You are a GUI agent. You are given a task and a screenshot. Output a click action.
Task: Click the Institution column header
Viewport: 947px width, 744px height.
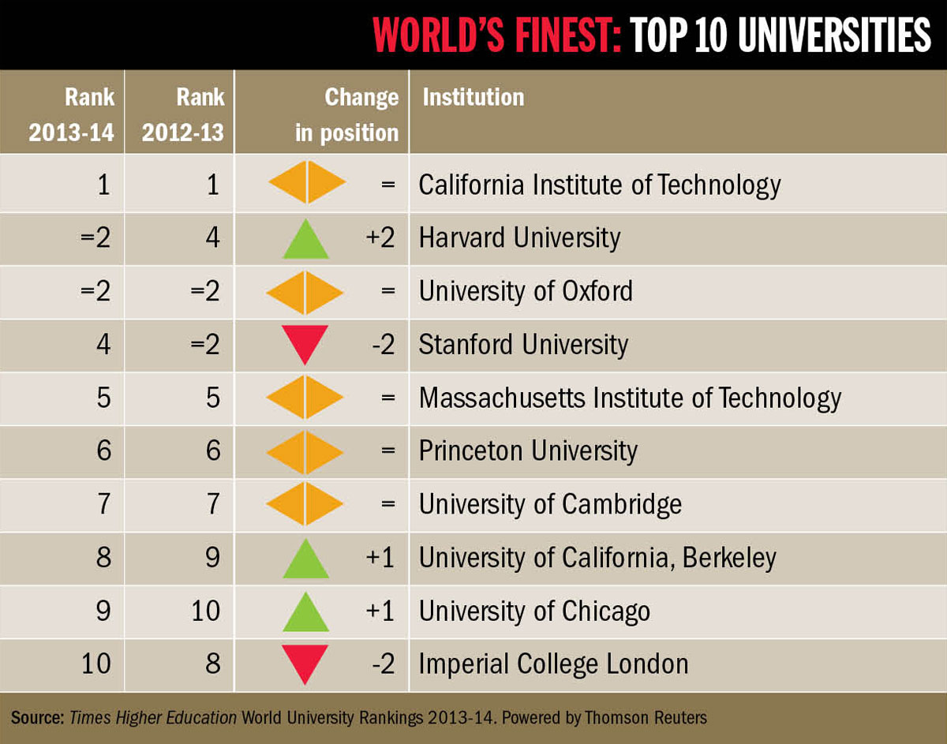pos(473,98)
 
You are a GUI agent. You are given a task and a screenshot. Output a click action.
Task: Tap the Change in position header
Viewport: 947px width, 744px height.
pos(346,114)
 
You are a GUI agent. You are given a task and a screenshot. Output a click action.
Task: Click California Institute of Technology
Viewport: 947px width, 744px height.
pos(599,185)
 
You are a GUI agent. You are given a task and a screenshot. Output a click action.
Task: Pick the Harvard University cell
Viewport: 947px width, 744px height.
pos(519,238)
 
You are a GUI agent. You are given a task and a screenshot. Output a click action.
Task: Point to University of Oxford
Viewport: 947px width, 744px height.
pos(526,291)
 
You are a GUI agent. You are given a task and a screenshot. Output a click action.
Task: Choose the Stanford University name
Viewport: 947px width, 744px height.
pos(523,345)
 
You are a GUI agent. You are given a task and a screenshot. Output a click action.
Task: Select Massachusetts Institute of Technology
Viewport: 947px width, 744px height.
pos(629,398)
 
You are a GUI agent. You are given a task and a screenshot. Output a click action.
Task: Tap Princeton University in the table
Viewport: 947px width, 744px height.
pos(527,451)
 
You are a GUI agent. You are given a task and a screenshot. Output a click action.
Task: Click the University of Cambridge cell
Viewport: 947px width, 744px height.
pos(549,503)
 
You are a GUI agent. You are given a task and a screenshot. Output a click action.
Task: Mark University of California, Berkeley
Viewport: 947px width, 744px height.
pos(597,557)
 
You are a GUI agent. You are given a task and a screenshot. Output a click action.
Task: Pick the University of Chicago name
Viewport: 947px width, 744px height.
pos(534,611)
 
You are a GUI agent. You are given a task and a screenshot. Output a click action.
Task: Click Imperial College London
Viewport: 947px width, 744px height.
pos(553,664)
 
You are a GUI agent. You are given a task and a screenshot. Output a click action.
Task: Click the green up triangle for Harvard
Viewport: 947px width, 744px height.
pos(305,240)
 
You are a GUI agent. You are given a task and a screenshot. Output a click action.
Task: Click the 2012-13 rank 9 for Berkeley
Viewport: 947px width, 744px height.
pos(211,557)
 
